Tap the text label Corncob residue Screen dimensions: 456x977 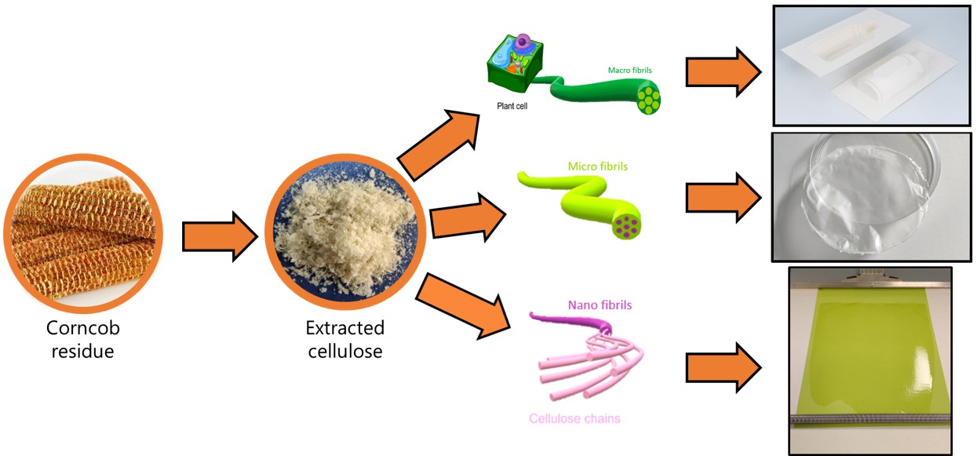click(82, 339)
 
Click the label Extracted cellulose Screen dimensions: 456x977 click(345, 339)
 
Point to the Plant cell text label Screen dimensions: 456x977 click(512, 104)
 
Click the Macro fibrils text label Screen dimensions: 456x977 click(629, 70)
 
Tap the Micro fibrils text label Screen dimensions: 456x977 click(598, 166)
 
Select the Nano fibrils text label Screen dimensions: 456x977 click(600, 305)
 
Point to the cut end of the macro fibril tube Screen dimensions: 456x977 click(648, 98)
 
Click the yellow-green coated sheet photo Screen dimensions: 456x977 click(869, 361)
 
